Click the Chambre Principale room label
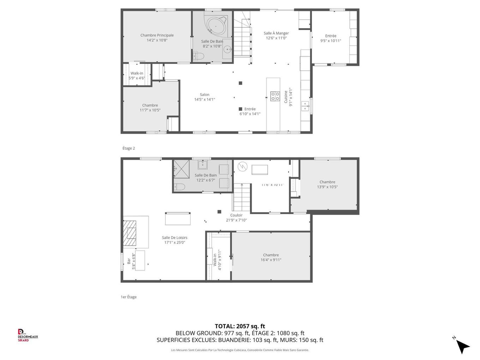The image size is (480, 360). tap(157, 35)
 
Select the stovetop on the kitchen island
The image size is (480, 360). tap(275, 96)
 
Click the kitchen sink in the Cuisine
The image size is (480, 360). tap(305, 106)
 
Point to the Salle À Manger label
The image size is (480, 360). tap(276, 33)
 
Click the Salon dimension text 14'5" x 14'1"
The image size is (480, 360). tap(204, 100)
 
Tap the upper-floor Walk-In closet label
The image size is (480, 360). tap(137, 73)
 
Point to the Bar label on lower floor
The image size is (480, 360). tap(129, 261)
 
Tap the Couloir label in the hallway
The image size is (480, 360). tap(236, 215)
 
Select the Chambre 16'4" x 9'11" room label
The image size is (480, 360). tap(271, 255)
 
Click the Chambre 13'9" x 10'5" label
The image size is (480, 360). tap(327, 182)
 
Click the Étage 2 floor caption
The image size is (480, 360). tap(128, 148)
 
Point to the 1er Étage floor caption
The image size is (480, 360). tap(128, 297)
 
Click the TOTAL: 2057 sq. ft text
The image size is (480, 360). tap(240, 326)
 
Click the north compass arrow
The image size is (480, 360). tap(462, 346)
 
